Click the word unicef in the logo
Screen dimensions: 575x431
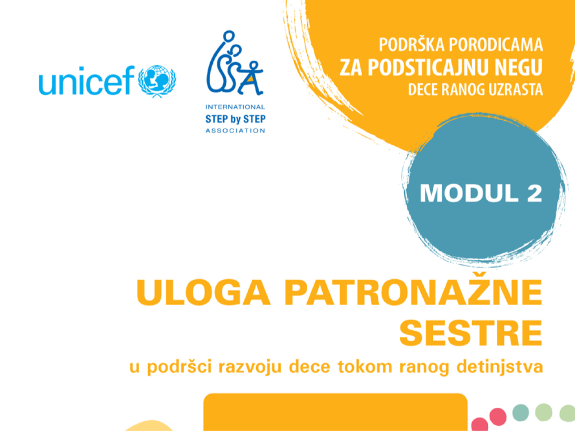click(x=87, y=80)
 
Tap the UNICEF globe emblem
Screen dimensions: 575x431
click(x=157, y=81)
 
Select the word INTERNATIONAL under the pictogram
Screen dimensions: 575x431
click(x=235, y=107)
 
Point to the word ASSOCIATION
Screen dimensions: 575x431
click(x=235, y=131)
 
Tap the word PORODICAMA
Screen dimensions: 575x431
click(x=496, y=45)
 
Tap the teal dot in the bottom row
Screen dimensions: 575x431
click(x=520, y=413)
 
